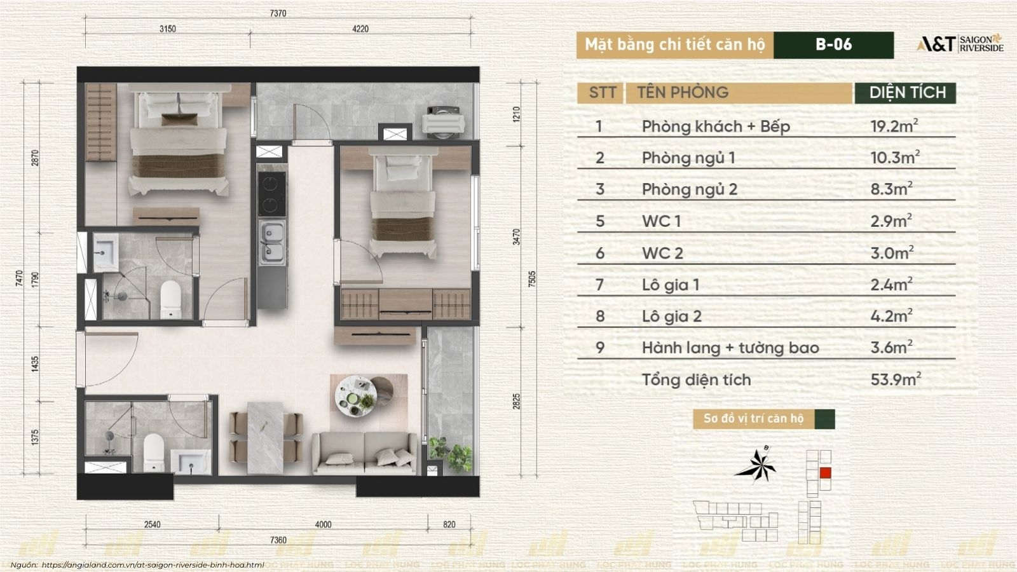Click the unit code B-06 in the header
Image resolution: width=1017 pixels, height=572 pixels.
point(833,44)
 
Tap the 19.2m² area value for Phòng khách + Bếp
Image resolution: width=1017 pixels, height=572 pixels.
point(894,126)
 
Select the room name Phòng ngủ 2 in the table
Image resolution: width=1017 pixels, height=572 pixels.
point(689,189)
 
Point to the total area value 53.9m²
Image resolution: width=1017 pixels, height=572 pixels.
point(896,379)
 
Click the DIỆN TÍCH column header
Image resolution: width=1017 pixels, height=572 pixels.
point(907,93)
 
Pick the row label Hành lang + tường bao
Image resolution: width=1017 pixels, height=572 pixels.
point(730,348)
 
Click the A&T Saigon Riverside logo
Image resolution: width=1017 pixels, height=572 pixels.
point(960,44)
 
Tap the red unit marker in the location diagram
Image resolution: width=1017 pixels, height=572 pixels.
point(826,473)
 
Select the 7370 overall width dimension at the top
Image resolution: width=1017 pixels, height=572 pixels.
point(278,13)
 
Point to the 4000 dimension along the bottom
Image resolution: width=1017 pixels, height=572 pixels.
point(323,525)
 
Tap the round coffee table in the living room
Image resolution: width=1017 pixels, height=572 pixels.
point(356,395)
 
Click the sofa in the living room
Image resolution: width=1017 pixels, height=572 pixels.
point(365,453)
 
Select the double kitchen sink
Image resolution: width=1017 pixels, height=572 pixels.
point(273,243)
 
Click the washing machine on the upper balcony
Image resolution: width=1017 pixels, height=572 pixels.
point(443,122)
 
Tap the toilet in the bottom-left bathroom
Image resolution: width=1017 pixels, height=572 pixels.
point(153,453)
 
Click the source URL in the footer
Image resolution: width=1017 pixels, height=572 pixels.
point(153,565)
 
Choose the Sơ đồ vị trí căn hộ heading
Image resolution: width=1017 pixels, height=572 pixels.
point(753,419)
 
